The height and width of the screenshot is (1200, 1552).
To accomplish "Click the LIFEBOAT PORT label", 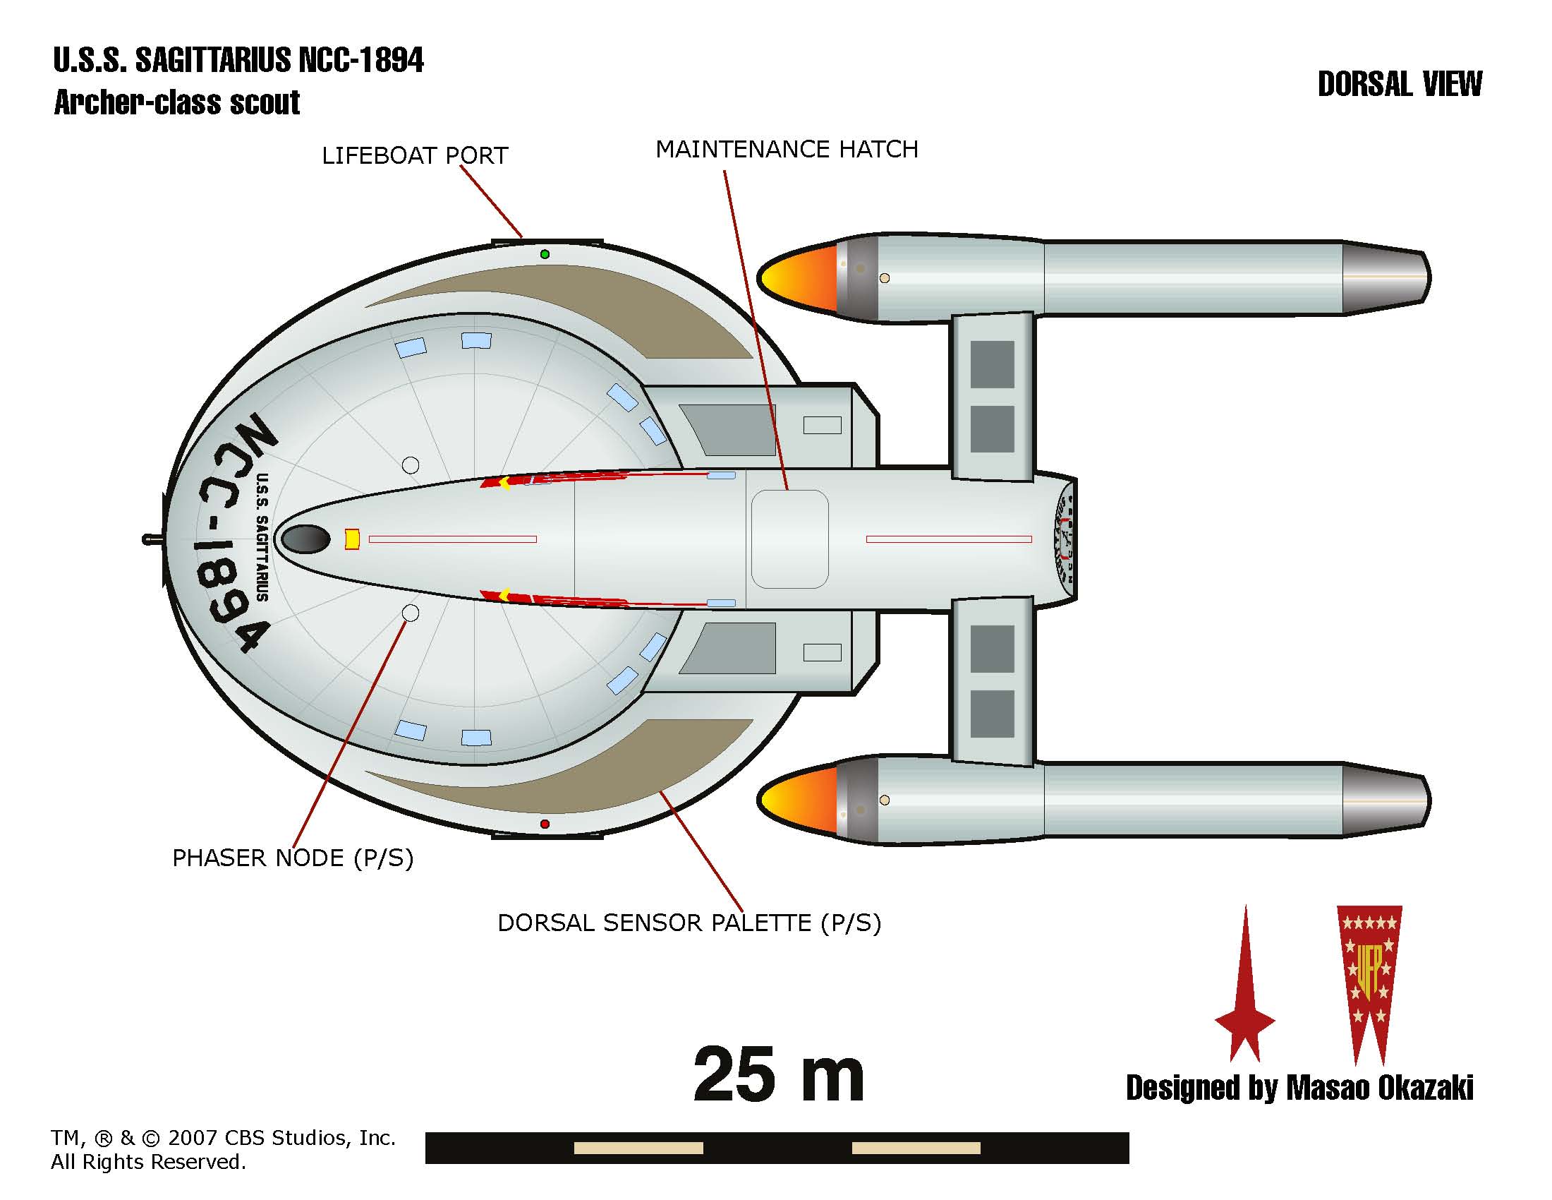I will [x=415, y=156].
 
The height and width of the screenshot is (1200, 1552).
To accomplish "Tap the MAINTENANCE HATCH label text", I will [x=786, y=149].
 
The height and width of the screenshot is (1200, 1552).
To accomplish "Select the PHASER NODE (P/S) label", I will [x=293, y=858].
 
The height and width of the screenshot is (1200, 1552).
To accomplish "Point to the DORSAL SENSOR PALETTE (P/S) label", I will [x=689, y=923].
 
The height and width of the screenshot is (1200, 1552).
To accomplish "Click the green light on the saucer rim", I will [x=545, y=254].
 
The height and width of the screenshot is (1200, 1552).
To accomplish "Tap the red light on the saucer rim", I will [x=545, y=824].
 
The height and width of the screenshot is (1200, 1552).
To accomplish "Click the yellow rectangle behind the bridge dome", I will [x=352, y=539].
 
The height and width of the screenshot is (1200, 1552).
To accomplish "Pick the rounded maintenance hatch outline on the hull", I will [x=789, y=539].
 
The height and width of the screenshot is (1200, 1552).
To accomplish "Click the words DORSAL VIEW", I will [x=1399, y=85].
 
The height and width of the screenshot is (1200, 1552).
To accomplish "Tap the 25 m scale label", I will [x=778, y=1075].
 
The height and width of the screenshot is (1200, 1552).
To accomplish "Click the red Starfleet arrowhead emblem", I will [x=1245, y=995].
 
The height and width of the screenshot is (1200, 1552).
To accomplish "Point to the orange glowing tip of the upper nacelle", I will [x=796, y=277].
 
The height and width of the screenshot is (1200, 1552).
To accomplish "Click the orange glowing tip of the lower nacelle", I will [x=796, y=800].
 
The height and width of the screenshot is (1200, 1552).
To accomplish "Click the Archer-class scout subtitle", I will [x=177, y=103].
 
